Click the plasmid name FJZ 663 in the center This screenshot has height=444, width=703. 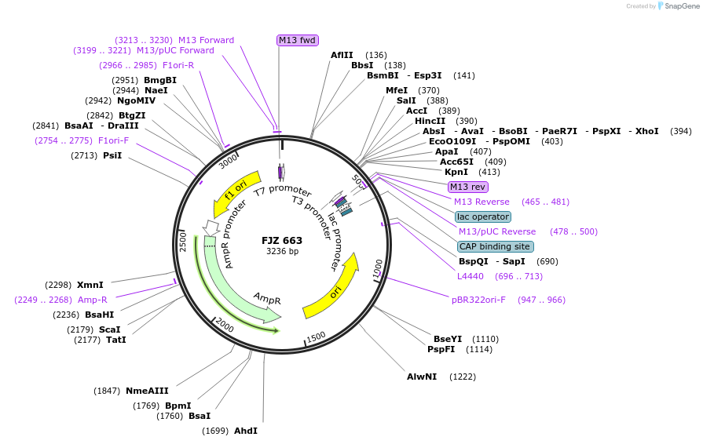[x=282, y=240]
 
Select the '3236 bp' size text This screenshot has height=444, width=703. [x=282, y=252]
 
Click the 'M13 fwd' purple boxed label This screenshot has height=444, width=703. [x=298, y=40]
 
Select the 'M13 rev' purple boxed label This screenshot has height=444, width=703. [x=467, y=187]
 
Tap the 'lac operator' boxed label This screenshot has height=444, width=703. [x=483, y=217]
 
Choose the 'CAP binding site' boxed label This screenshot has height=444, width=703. [x=495, y=246]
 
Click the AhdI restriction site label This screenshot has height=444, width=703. [x=245, y=431]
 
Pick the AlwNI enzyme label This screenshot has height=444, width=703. [x=422, y=377]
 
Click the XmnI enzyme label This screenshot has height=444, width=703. [x=90, y=285]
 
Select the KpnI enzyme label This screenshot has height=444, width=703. [x=456, y=172]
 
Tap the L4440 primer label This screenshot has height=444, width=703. [x=471, y=276]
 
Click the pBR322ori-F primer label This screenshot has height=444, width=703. [x=478, y=300]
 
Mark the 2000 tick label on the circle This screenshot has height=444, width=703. [x=225, y=326]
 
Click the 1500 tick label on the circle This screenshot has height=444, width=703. [x=316, y=337]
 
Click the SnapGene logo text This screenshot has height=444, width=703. [x=680, y=5]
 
